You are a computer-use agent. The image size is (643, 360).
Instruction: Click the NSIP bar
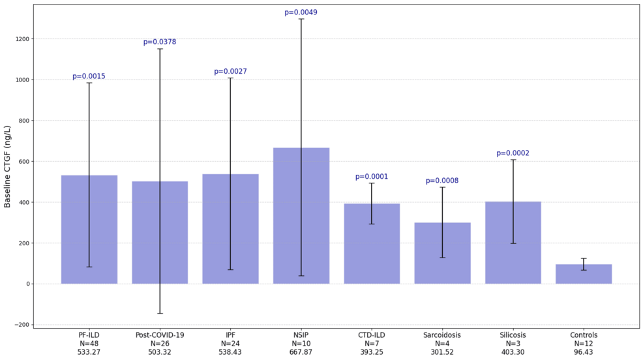click(301, 216)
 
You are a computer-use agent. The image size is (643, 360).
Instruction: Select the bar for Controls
click(584, 274)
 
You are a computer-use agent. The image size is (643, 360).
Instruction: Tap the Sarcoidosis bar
click(443, 253)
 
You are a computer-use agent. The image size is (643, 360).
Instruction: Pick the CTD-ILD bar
click(372, 243)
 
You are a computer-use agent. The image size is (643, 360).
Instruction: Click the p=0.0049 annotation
click(301, 12)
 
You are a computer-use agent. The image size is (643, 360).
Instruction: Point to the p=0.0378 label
click(160, 42)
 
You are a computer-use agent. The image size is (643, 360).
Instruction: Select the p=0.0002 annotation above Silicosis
click(513, 153)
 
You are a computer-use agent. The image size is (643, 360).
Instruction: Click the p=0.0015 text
click(89, 76)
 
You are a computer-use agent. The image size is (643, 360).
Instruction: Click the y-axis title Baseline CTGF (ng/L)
click(7, 166)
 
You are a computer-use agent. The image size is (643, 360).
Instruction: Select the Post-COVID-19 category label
click(160, 335)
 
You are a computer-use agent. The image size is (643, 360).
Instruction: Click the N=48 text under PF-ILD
click(89, 344)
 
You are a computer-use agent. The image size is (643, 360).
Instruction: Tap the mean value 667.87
click(301, 352)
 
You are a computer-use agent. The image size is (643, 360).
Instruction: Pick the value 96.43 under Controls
click(584, 352)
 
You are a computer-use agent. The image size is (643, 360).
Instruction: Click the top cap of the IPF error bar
click(230, 78)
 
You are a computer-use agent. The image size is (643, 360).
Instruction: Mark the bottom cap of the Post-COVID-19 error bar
click(160, 314)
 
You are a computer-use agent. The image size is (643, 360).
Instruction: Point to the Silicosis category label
click(513, 335)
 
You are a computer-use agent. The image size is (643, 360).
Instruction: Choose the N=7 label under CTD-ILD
click(372, 344)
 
